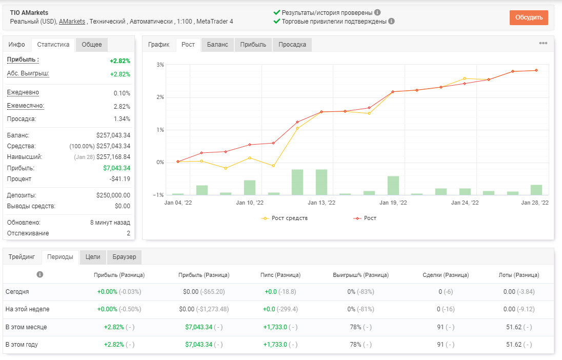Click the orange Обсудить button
529,17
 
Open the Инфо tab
17,45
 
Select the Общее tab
92,45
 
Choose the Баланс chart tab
217,45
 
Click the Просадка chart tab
292,45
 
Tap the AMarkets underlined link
72,22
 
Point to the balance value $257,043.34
113,135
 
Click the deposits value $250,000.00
113,195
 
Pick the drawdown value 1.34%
122,118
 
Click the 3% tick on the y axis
160,65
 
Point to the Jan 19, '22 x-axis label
393,203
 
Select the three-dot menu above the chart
543,43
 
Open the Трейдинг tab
22,257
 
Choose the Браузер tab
125,257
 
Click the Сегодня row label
17,291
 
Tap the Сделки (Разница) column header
446,275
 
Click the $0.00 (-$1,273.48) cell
204,309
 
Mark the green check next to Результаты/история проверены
277,12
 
